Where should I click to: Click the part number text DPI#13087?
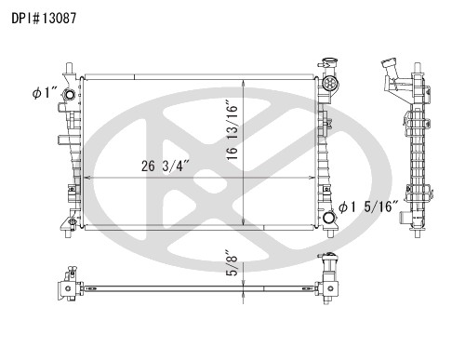(x=44, y=19)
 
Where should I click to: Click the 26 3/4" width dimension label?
(x=165, y=166)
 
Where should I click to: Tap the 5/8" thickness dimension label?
(x=232, y=262)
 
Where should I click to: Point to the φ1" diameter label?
(x=45, y=93)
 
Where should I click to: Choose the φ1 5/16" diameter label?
(x=368, y=207)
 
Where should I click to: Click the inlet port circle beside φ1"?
(x=69, y=94)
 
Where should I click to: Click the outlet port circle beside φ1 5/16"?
(x=328, y=218)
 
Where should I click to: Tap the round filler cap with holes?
(x=329, y=83)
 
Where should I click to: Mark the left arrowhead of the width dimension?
(x=87, y=178)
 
